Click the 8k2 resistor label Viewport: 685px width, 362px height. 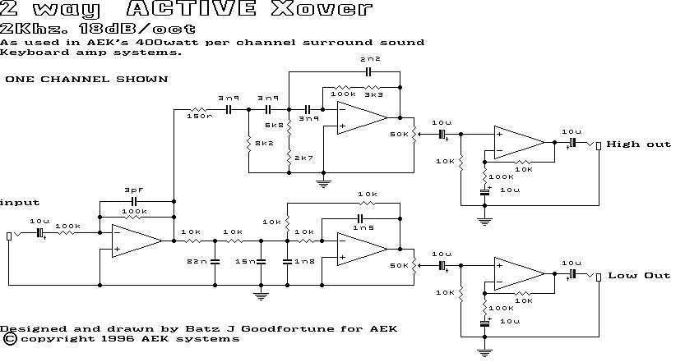tap(264, 143)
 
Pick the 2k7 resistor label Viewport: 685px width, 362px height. tap(303, 157)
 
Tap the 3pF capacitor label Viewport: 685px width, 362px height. tap(134, 190)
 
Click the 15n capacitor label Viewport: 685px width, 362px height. tap(245, 261)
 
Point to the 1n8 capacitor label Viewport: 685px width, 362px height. tap(303, 261)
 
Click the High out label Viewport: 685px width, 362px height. tap(638, 144)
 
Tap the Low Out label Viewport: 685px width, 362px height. tap(639, 276)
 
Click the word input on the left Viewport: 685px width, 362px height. tap(20, 202)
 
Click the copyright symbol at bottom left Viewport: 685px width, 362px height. tap(9, 338)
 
